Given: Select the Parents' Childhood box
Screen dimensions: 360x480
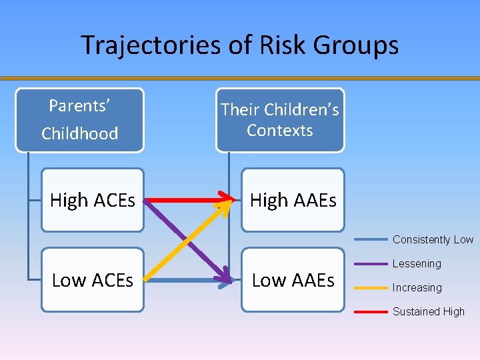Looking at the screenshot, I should pos(79,119).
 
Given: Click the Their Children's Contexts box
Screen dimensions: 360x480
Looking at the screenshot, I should pos(280,120).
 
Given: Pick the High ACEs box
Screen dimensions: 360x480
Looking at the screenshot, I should pos(93,200).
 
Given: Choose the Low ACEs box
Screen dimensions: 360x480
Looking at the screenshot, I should pos(93,280).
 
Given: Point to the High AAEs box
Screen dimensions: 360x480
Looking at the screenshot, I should pos(293,200).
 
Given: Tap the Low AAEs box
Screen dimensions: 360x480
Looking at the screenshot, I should pos(293,280).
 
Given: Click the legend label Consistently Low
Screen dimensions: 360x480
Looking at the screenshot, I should pos(433,240).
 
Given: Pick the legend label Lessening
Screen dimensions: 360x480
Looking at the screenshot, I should pos(417,264).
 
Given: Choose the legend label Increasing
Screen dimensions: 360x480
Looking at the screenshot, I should pos(417,288).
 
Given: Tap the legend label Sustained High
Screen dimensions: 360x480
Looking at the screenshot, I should pos(429,311).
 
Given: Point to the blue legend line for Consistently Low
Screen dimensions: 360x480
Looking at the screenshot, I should pos(371,239).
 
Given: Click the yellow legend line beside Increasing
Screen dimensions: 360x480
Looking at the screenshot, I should pos(371,288).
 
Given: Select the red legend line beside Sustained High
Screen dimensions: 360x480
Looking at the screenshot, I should pos(371,311).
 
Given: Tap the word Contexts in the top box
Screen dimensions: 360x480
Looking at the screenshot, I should pos(280,130).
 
